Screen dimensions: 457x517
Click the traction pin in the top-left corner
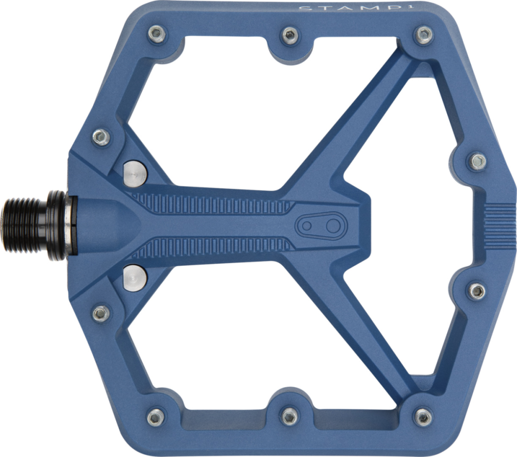(157, 35)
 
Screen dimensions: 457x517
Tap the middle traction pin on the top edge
(290, 36)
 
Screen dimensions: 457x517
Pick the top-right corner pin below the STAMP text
(424, 35)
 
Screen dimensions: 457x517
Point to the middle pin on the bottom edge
(290, 415)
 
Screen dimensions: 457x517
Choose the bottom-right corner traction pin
(424, 416)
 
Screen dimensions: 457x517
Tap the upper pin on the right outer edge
(477, 161)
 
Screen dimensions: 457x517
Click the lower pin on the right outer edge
(477, 291)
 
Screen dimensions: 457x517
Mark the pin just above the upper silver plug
(101, 137)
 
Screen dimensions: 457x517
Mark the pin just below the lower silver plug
(101, 313)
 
